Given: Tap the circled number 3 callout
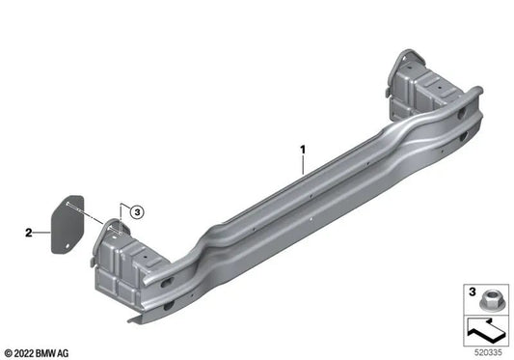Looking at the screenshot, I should [x=137, y=211].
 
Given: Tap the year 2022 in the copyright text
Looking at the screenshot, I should [x=27, y=350].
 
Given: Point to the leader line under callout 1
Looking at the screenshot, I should [x=302, y=166].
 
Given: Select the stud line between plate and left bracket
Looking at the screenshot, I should [x=96, y=222].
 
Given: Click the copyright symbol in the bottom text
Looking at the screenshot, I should [x=10, y=350].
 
